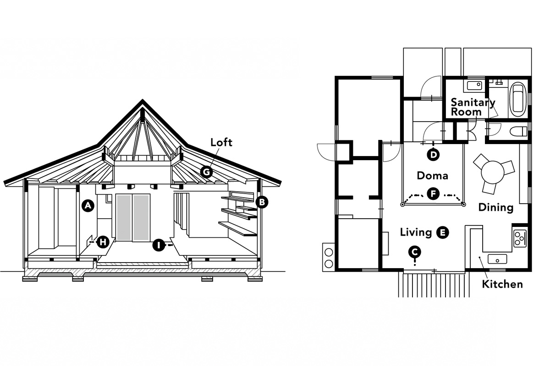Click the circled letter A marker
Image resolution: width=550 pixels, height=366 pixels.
(x=88, y=206)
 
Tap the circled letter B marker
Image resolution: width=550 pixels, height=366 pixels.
(x=262, y=202)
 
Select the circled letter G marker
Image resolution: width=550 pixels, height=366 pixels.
(x=206, y=172)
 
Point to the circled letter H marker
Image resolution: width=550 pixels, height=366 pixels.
(x=103, y=242)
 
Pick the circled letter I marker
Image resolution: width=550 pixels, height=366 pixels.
(x=159, y=245)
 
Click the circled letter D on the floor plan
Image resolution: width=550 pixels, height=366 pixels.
(x=433, y=155)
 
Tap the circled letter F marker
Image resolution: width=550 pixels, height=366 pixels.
(x=433, y=194)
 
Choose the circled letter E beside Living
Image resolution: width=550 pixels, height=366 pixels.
(x=442, y=233)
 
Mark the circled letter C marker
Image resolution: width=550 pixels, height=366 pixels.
(x=415, y=252)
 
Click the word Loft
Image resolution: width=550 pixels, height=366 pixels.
(x=221, y=142)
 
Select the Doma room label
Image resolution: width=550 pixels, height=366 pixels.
(x=432, y=176)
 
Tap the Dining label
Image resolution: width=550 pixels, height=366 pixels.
(x=496, y=208)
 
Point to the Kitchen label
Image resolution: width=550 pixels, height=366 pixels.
(x=502, y=285)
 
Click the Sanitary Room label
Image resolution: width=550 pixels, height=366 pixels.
(x=473, y=107)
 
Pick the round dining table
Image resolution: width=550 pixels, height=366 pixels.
(x=493, y=172)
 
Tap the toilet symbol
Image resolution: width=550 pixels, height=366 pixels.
(x=518, y=131)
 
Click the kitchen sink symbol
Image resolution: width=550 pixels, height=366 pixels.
(x=497, y=259)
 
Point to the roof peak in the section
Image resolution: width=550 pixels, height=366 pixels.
(x=143, y=100)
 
